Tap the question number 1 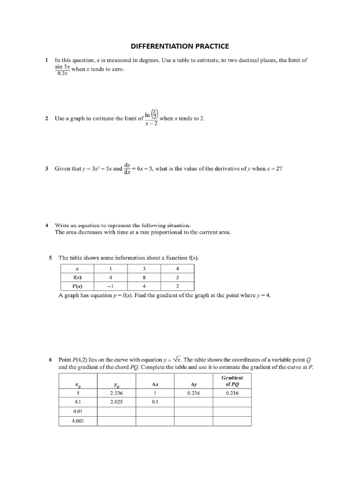coord(46,60)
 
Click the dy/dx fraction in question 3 coord(127,168)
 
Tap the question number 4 coord(46,225)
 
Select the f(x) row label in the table coord(77,277)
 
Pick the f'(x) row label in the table coord(77,286)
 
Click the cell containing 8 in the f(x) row coord(144,277)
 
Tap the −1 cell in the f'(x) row coord(111,286)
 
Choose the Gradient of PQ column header coord(232,381)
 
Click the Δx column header coord(155,384)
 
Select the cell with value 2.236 coord(116,393)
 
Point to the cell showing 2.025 coord(116,402)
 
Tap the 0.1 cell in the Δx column coord(155,402)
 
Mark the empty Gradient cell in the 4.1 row coord(232,402)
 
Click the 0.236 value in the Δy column coord(194,393)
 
